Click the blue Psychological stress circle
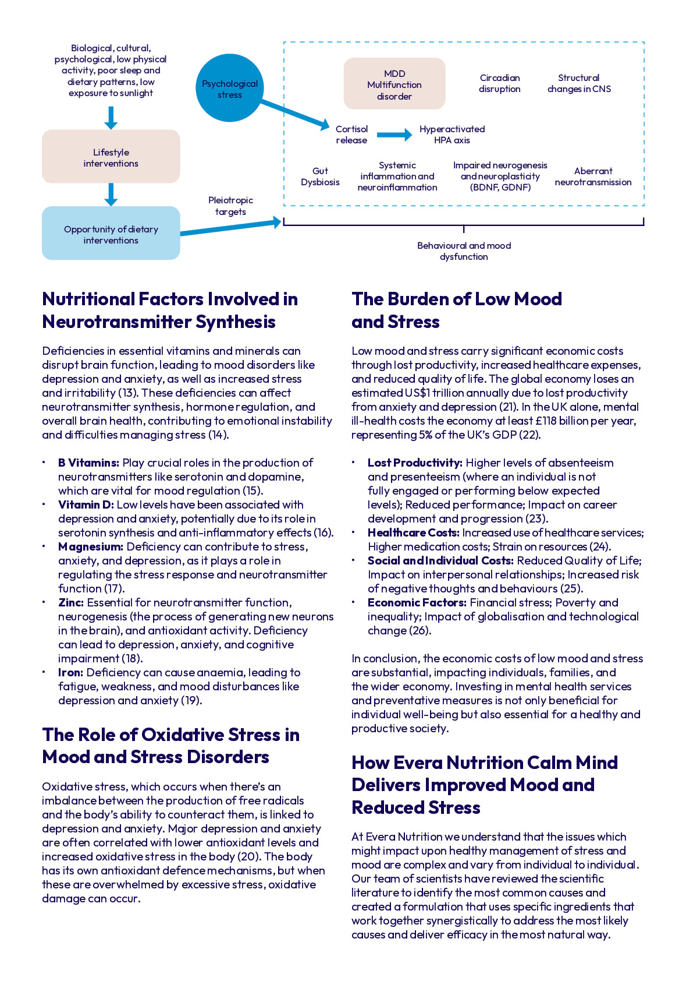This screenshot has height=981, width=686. pos(229,89)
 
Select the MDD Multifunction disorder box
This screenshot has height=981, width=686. pos(394,84)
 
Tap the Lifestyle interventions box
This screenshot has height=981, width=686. pos(111,157)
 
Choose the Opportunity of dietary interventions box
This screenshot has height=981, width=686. pos(111,234)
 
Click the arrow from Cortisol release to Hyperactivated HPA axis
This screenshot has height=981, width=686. pos(394,135)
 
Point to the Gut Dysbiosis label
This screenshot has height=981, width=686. pos(320,177)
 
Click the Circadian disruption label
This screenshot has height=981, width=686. pos(499,83)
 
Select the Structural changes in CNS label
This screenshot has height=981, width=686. pos(578,83)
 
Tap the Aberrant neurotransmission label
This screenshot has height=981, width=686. pos(593,177)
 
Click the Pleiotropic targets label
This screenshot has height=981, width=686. pos(230,206)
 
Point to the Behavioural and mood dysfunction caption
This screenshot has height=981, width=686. pos(464,251)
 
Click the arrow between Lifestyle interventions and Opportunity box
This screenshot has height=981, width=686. pos(111,195)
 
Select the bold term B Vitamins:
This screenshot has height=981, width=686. pos(88,463)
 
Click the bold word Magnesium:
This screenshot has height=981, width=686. pos(90,547)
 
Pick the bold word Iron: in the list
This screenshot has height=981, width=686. pos(70,673)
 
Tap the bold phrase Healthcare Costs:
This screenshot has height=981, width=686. pos(413,533)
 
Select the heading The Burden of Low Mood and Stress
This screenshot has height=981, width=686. pos(456,310)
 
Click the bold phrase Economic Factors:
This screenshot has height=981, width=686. pos(417,603)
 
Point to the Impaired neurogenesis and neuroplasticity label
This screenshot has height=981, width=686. pos(500,177)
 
